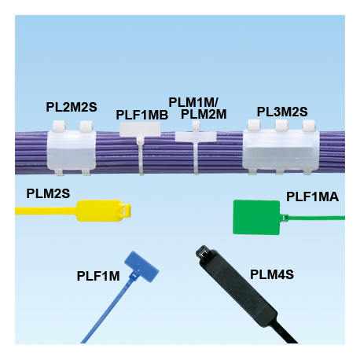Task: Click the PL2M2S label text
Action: click(72, 107)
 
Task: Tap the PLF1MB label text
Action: click(142, 115)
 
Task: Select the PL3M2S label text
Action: click(282, 112)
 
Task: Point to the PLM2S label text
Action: click(48, 193)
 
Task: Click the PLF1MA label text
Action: click(312, 197)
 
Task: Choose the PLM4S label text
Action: click(272, 274)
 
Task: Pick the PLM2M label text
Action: click(204, 114)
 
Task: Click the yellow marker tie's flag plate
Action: click(100, 211)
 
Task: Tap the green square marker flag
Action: click(256, 217)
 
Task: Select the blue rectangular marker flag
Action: click(141, 266)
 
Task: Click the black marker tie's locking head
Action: click(205, 253)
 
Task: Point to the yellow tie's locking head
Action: click(125, 210)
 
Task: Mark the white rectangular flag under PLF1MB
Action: click(140, 129)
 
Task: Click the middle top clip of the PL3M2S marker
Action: click(281, 125)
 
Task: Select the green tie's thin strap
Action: click(317, 218)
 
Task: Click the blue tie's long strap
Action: click(108, 309)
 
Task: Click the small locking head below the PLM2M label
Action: click(196, 125)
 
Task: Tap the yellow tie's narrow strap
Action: click(46, 211)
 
